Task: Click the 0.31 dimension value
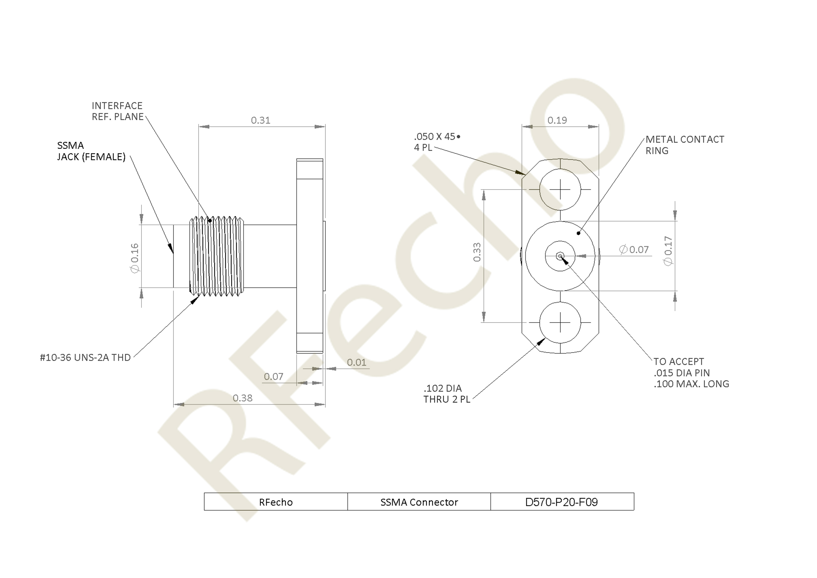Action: pyautogui.click(x=260, y=120)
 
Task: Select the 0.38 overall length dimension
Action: pyautogui.click(x=242, y=398)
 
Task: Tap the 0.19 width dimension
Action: pyautogui.click(x=557, y=120)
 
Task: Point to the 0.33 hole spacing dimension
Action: pyautogui.click(x=477, y=252)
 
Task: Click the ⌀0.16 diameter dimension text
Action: pyautogui.click(x=135, y=258)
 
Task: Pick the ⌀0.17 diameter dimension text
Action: pyautogui.click(x=668, y=251)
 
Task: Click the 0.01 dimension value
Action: pyautogui.click(x=357, y=363)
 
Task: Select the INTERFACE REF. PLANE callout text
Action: pyautogui.click(x=117, y=111)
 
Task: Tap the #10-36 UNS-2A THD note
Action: pyautogui.click(x=85, y=358)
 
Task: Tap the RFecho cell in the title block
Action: pyautogui.click(x=276, y=502)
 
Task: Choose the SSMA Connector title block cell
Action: pyautogui.click(x=419, y=502)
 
